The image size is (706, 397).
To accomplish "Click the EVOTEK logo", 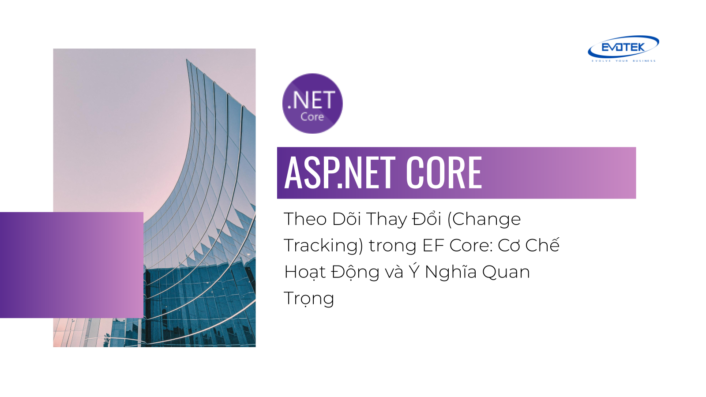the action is point(623,49).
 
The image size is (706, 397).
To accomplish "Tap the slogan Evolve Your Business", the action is point(623,61).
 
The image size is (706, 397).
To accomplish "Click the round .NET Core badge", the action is point(312,104).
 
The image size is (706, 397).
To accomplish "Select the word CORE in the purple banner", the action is point(444,172).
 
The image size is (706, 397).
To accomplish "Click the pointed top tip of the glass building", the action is point(187,59).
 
